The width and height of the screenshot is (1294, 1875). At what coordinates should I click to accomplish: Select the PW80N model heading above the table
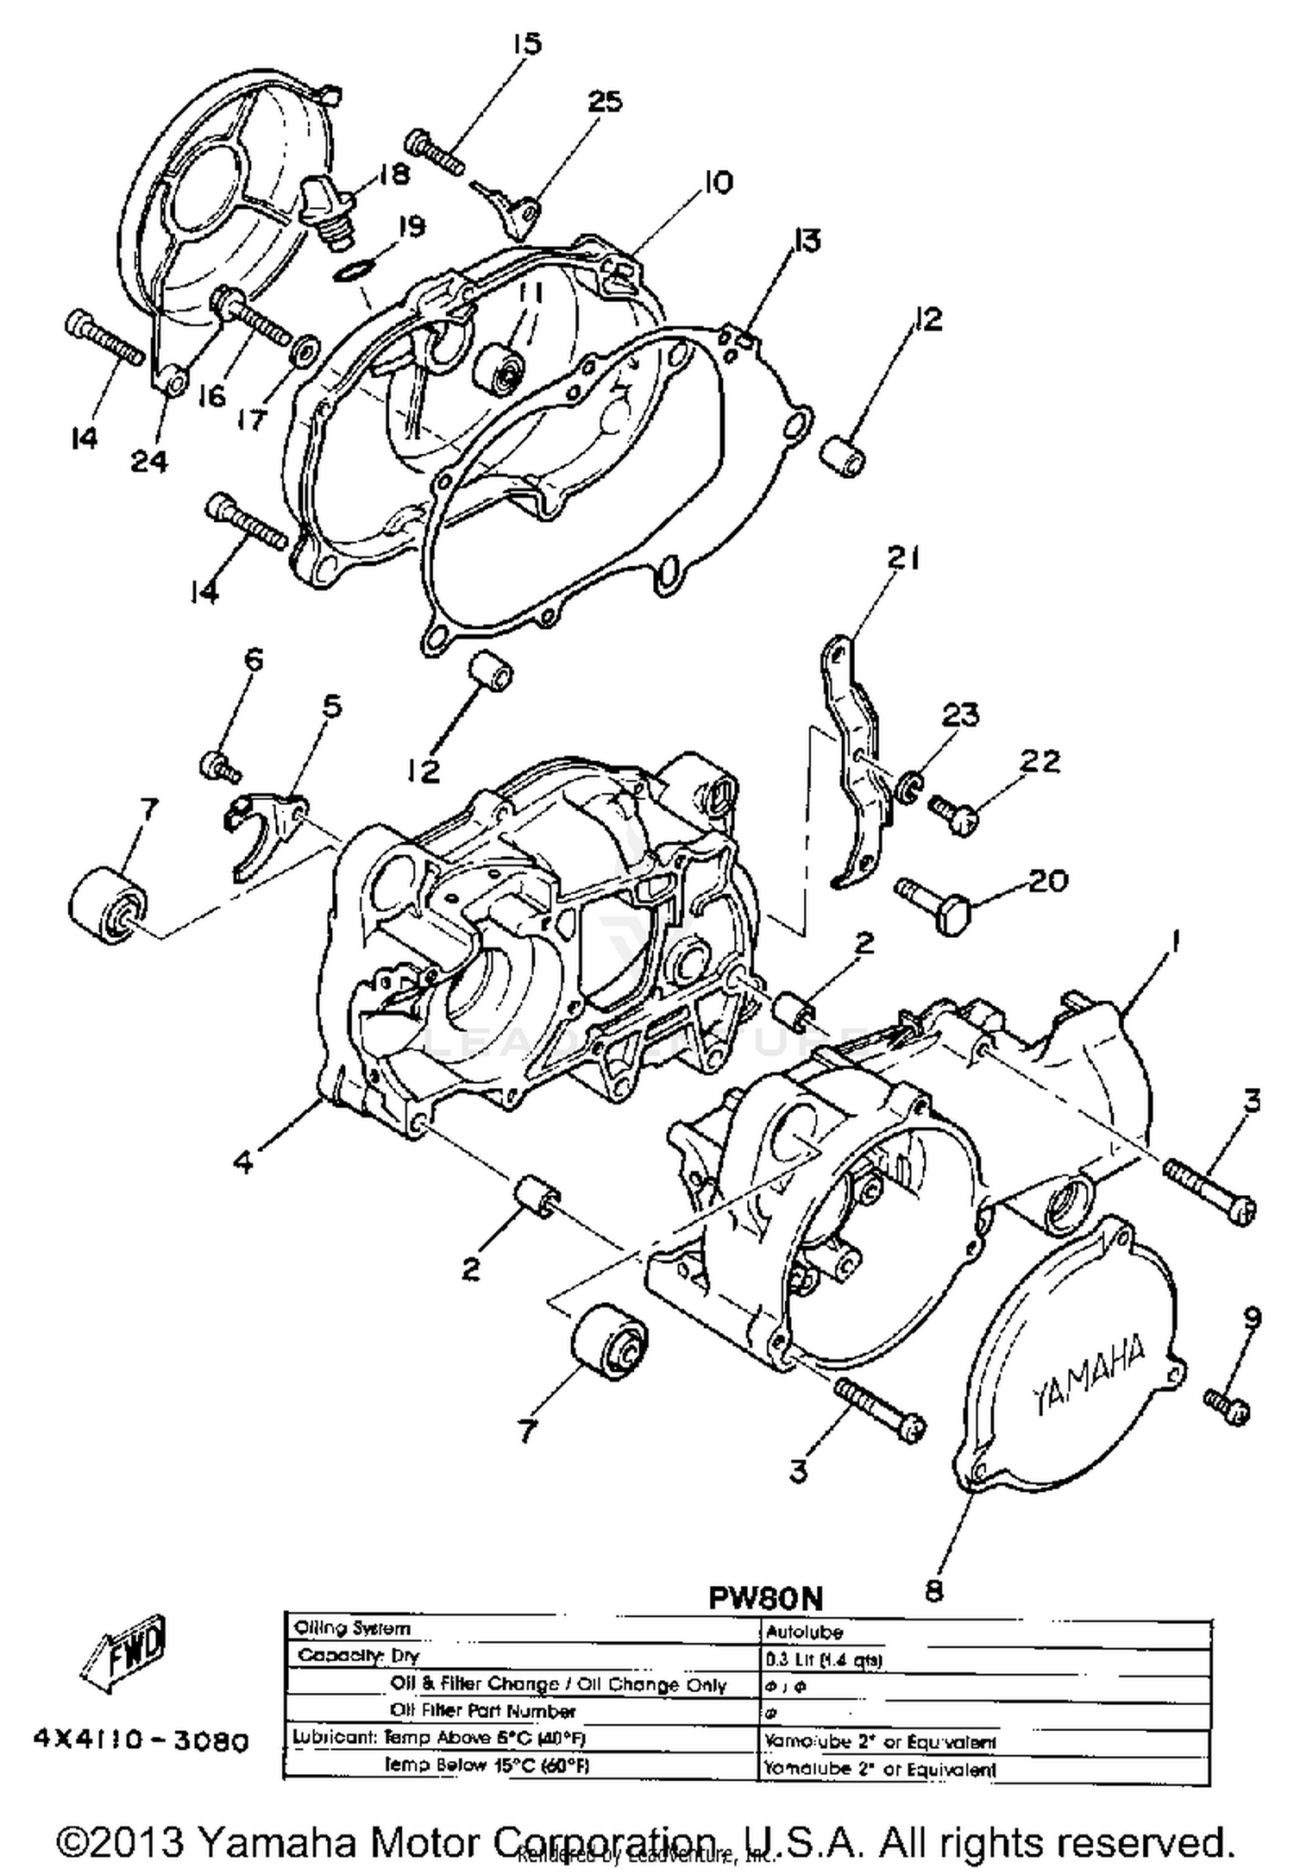(x=765, y=1597)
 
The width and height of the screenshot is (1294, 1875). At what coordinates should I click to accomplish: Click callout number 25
(x=604, y=102)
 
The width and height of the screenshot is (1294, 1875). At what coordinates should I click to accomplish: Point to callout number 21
(x=903, y=558)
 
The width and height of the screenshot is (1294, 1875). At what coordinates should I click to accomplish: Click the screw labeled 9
(x=1228, y=1405)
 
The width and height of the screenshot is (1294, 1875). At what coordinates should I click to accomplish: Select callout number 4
(x=244, y=1162)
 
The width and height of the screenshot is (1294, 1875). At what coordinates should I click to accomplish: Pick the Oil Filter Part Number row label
(x=482, y=1710)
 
